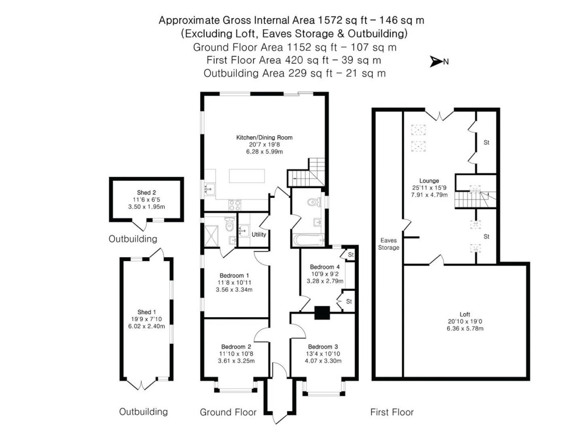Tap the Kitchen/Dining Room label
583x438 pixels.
264,137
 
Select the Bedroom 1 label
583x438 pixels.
235,275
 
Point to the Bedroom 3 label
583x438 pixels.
323,347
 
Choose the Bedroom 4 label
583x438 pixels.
325,267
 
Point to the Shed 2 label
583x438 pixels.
146,193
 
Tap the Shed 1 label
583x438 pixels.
145,312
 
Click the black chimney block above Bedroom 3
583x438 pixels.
322,313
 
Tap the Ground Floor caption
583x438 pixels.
228,412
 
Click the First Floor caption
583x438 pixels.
392,412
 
